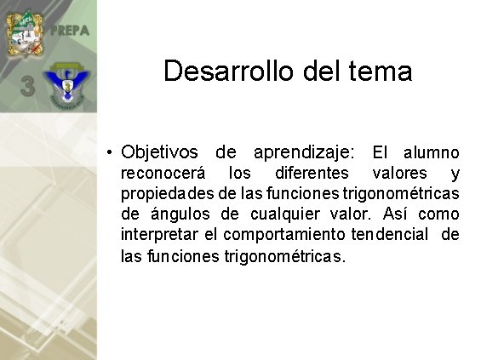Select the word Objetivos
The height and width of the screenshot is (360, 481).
click(x=160, y=153)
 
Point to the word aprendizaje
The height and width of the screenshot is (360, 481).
click(x=303, y=153)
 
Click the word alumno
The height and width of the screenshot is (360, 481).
click(x=431, y=153)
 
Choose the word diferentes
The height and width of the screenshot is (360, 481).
click(x=312, y=174)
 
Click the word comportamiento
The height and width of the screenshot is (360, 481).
click(x=273, y=235)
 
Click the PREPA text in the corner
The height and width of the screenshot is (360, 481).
click(x=70, y=31)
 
